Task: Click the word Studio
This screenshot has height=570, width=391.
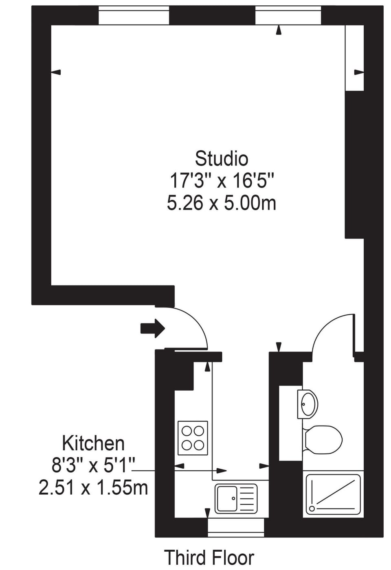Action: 221,159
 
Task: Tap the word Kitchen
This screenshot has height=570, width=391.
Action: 94,443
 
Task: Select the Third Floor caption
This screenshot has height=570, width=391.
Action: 209,557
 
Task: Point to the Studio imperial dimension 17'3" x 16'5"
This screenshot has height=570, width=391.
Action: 221,181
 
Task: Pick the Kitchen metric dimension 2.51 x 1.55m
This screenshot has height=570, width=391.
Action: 93,487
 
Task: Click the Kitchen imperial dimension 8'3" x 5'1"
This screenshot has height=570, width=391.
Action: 93,465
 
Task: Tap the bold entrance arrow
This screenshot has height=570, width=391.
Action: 153,328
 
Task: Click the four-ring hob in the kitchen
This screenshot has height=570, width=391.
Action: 193,438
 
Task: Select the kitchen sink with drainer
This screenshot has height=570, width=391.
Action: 236,498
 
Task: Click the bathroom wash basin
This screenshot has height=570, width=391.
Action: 308,404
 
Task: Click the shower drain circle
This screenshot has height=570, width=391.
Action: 312,509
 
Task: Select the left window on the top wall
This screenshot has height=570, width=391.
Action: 134,15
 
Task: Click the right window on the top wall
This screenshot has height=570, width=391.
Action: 288,15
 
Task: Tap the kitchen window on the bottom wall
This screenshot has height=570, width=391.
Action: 236,528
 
